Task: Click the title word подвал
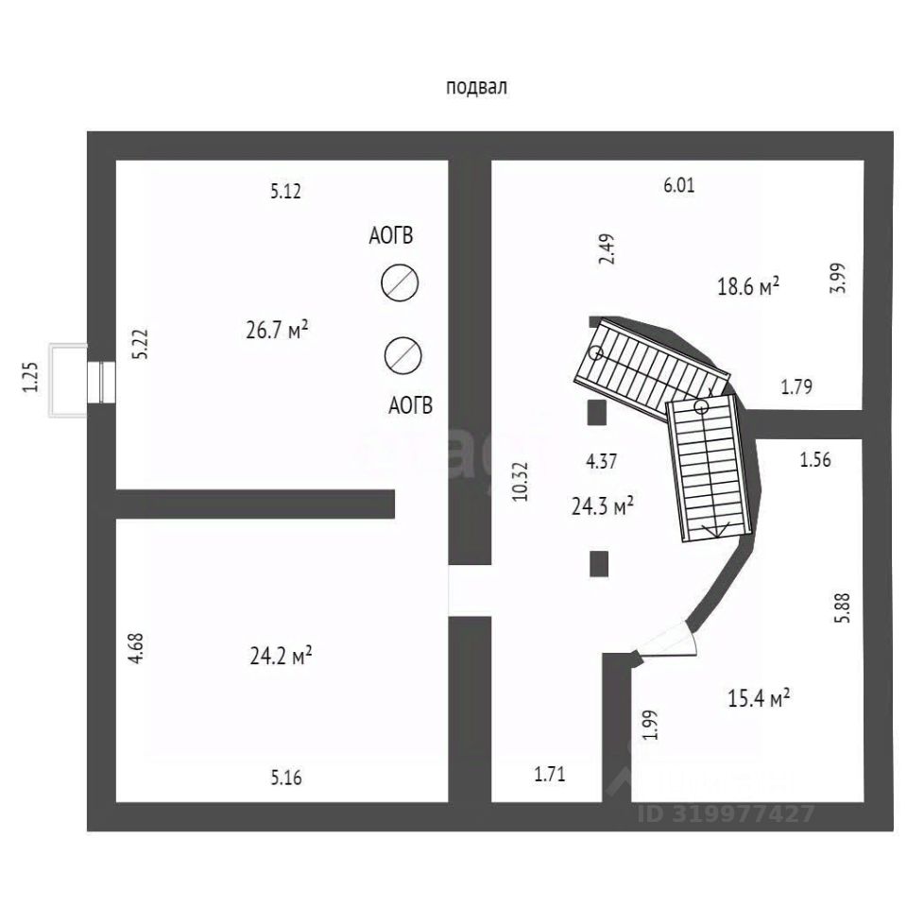477,88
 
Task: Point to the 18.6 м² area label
748,285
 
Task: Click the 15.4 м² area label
759,699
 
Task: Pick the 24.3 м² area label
602,506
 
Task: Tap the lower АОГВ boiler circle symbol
403,354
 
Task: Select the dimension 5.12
284,192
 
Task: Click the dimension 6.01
678,185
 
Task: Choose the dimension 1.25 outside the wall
31,378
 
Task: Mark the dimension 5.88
843,607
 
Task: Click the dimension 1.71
549,776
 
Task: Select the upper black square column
596,413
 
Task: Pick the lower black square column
598,564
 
